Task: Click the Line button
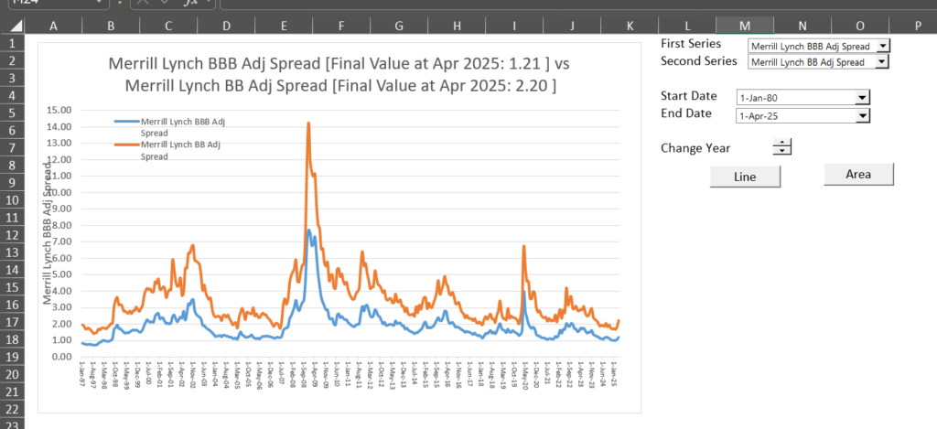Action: tap(745, 177)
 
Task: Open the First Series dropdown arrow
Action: tap(882, 45)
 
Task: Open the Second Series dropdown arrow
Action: tap(882, 62)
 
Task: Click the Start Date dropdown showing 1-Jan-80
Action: tap(802, 97)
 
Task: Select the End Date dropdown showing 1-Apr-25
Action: tap(802, 114)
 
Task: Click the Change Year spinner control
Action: tap(782, 146)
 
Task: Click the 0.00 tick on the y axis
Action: tap(62, 356)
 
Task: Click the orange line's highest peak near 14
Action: tap(308, 123)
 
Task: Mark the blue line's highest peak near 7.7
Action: tap(309, 230)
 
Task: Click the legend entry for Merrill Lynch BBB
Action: tap(174, 125)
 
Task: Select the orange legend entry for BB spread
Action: tap(174, 149)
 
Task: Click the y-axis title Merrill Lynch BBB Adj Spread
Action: tap(48, 231)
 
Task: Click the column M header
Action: tap(744, 27)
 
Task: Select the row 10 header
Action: tap(12, 200)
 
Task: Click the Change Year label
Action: tap(695, 147)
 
